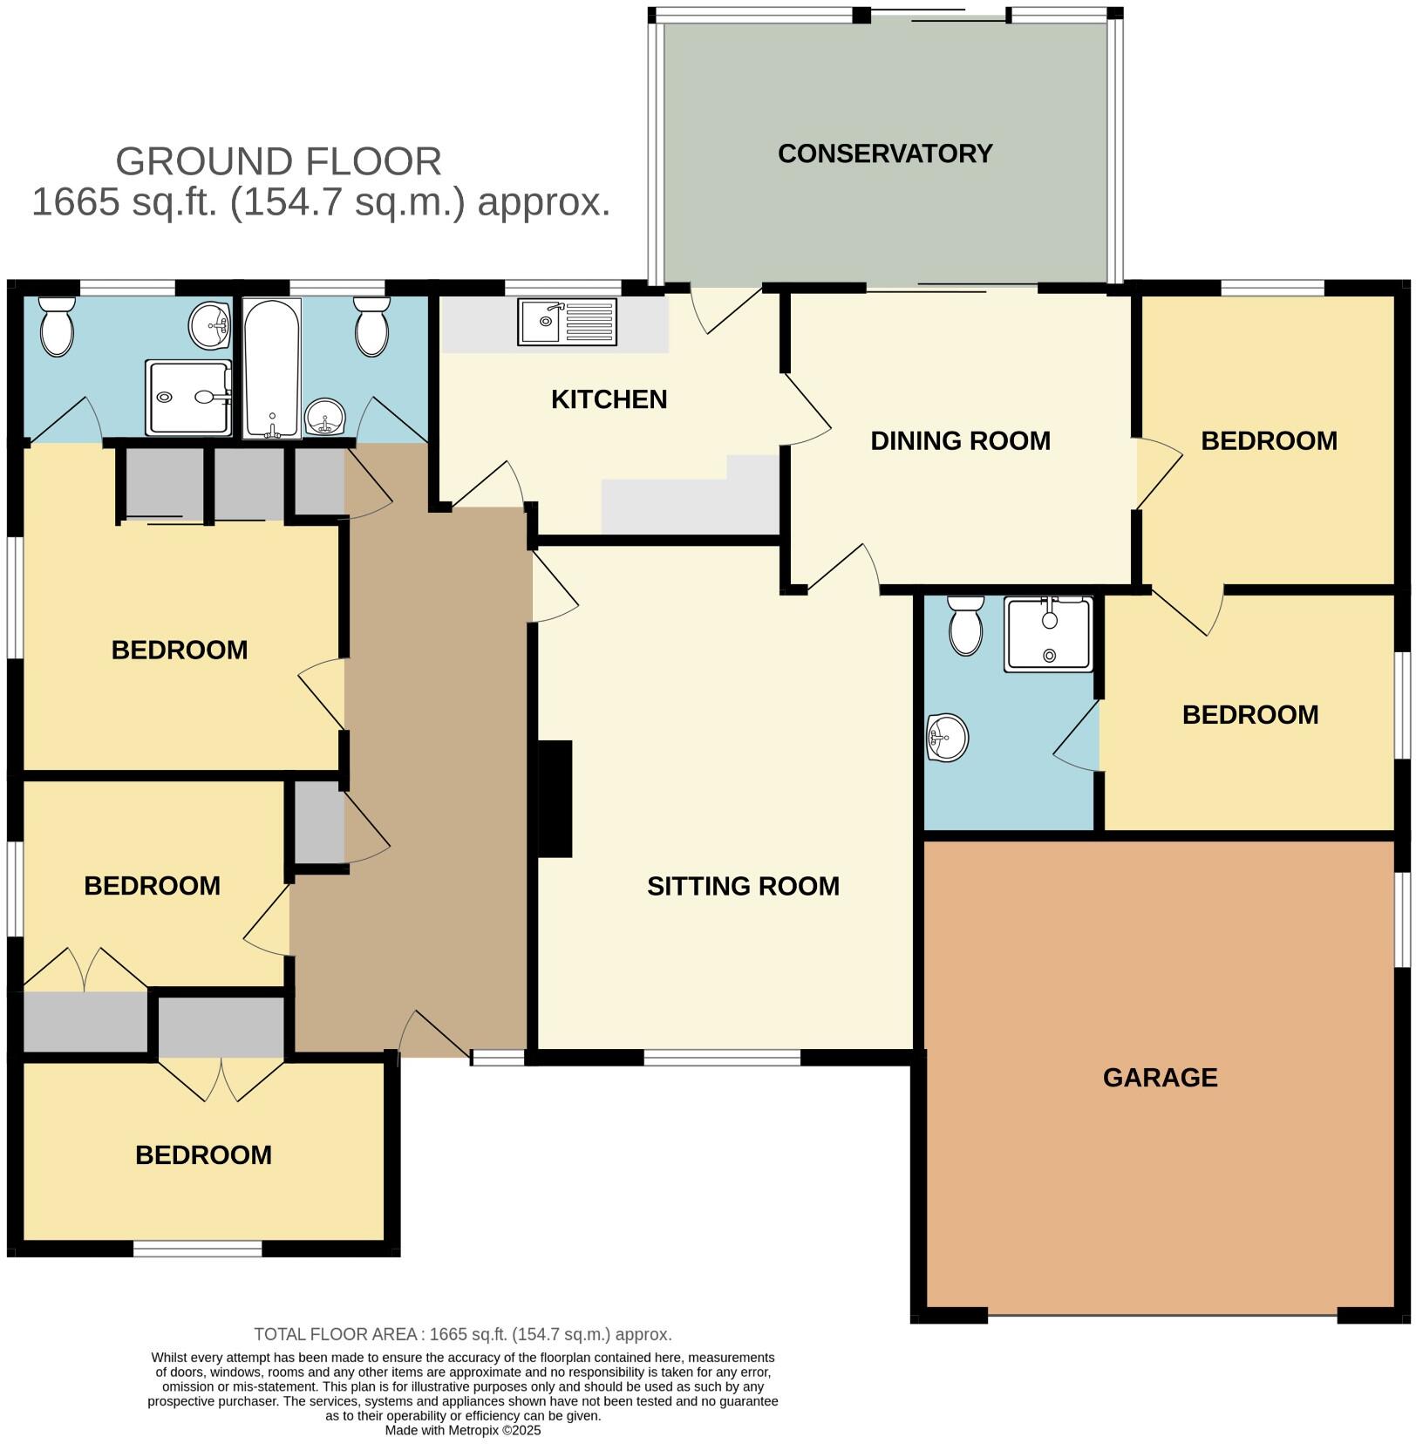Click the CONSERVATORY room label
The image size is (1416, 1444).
(x=884, y=153)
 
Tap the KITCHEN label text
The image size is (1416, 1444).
(x=609, y=399)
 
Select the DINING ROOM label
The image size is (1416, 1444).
(x=960, y=441)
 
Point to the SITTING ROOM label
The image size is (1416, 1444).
(x=743, y=886)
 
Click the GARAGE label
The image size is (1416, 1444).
(x=1160, y=1078)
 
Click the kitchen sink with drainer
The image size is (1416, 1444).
(x=567, y=322)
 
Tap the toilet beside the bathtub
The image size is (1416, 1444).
(x=372, y=327)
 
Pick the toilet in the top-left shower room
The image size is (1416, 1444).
(x=58, y=327)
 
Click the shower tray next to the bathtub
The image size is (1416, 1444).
(x=188, y=397)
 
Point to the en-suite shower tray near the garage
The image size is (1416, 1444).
(x=1048, y=634)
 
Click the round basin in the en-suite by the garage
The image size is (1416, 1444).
(x=947, y=738)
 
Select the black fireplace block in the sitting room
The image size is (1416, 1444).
(x=555, y=799)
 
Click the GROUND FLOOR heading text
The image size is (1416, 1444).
(x=278, y=162)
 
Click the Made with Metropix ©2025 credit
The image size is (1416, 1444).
(x=463, y=1430)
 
